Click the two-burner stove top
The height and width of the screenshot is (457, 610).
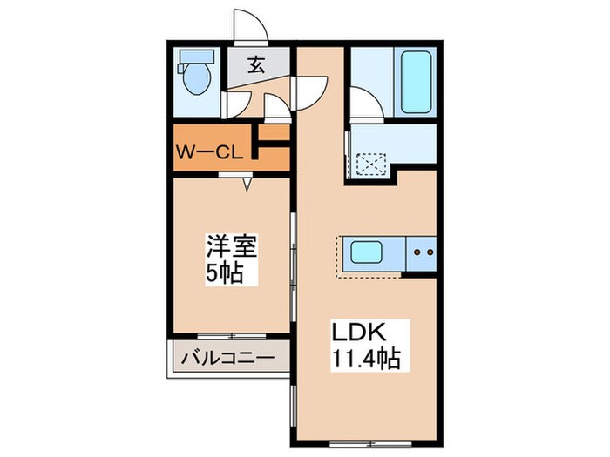coord(422,255)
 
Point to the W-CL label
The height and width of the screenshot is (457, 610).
coord(209,152)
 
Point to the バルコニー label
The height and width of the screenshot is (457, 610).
coord(228,358)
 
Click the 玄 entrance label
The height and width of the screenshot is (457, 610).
coord(257,64)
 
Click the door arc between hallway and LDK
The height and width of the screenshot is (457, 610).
coord(312,91)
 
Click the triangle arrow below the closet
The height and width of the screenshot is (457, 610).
coord(247,185)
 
